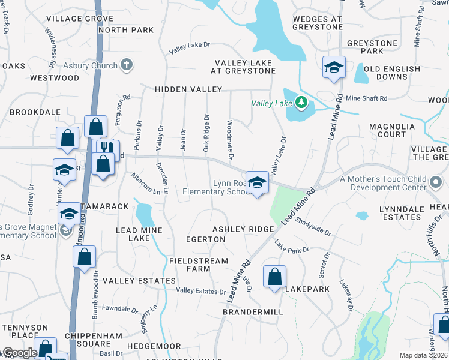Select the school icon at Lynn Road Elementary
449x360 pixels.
pos(257,182)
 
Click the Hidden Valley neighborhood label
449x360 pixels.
pos(188,89)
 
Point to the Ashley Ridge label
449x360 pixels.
pos(243,229)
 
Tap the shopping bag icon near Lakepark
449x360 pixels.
pos(274,277)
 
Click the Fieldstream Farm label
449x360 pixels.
pos(199,265)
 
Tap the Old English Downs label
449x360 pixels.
pos(392,73)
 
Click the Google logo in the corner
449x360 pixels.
pos(19,353)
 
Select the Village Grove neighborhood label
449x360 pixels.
pos(80,19)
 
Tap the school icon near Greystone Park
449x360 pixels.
pos(333,67)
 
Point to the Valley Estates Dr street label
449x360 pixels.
pos(200,291)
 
